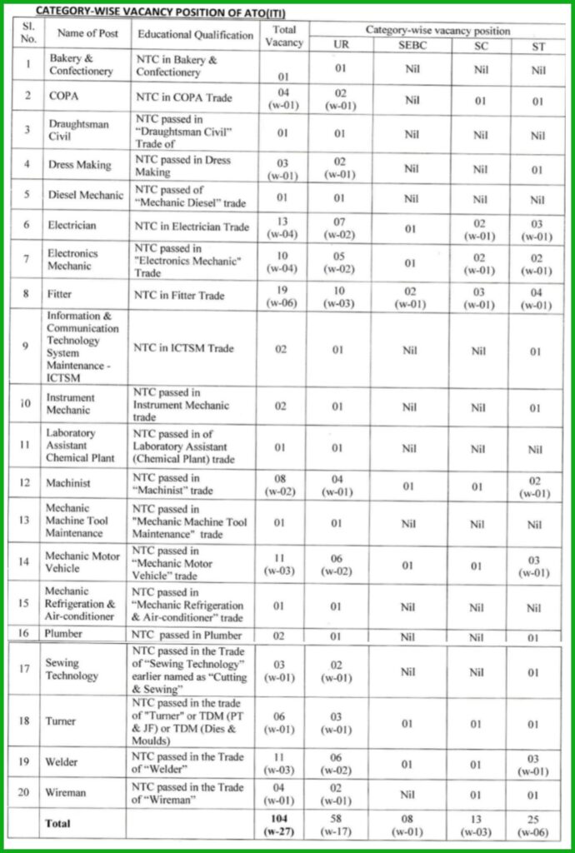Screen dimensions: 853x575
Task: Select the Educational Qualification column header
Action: tap(195, 35)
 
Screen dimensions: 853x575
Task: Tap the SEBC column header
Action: tap(412, 46)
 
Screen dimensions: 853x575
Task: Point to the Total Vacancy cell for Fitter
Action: tap(282, 295)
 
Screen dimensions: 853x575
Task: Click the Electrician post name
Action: tap(72, 225)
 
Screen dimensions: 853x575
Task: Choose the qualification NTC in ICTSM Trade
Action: tap(184, 348)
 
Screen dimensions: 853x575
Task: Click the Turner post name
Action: tap(61, 721)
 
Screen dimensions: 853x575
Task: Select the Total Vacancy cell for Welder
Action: tap(282, 764)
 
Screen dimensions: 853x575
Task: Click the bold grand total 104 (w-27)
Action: tap(282, 824)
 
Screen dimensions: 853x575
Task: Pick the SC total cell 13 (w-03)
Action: tap(482, 824)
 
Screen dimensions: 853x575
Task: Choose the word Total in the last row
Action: tap(59, 823)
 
